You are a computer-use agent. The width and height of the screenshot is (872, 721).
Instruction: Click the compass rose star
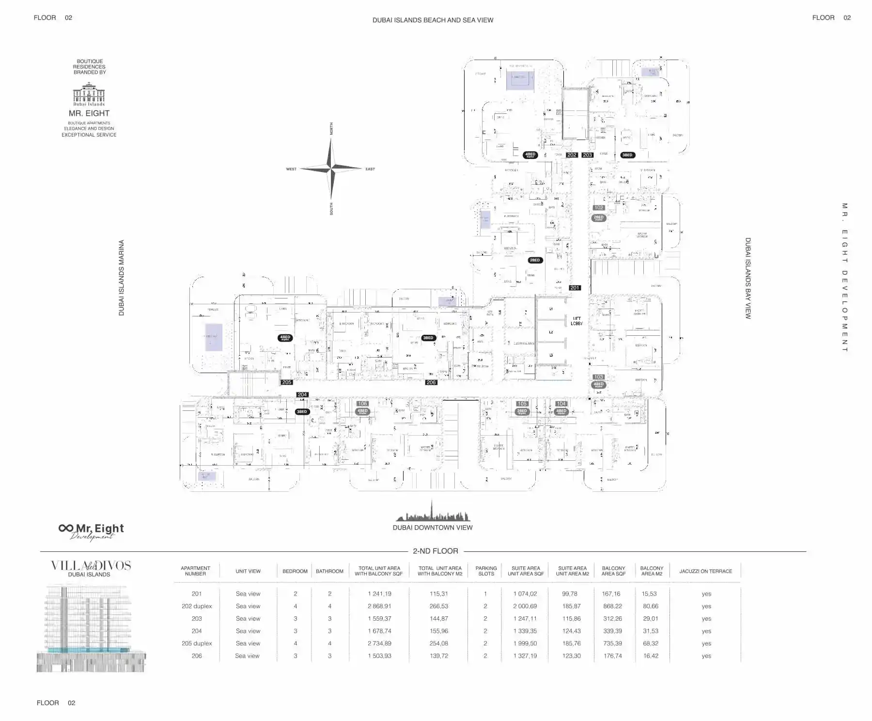(331, 169)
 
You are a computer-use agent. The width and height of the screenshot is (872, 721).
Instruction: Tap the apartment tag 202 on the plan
(572, 155)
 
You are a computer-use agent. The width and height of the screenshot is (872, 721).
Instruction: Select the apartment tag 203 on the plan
(587, 155)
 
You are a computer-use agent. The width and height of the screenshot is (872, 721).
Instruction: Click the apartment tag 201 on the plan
(575, 288)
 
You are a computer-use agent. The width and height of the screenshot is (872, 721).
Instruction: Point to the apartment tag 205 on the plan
(287, 382)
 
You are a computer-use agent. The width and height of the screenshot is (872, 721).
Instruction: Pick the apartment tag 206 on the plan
(431, 382)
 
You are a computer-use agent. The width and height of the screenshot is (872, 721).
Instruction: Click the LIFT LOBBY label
(576, 321)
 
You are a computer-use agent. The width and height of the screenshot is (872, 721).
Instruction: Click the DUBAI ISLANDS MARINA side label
(122, 278)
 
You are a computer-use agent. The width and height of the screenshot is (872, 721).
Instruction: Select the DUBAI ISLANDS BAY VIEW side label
(748, 278)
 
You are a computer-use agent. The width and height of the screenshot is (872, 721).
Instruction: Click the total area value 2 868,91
(379, 606)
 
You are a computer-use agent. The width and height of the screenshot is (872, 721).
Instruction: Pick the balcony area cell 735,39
(612, 643)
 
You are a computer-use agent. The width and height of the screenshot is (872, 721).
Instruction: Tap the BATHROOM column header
(329, 571)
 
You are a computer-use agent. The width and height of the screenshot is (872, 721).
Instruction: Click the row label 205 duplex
(197, 643)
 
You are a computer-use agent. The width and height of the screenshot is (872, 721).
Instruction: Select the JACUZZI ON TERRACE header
(705, 571)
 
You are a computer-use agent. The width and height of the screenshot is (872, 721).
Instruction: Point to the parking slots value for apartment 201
(485, 594)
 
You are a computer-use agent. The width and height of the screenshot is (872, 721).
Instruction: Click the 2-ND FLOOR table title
(435, 551)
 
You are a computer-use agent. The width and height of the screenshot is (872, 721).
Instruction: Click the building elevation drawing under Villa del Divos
(91, 628)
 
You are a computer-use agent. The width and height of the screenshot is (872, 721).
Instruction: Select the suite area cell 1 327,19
(525, 656)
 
